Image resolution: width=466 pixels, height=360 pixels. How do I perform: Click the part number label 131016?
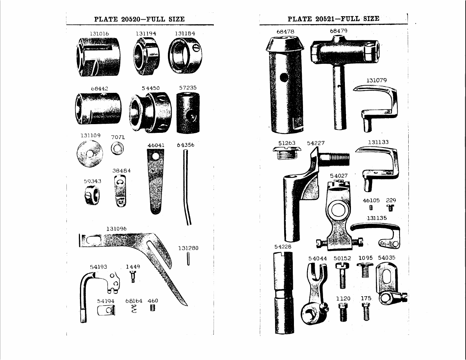point(99,34)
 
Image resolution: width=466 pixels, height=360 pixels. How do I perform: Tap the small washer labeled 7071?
point(117,148)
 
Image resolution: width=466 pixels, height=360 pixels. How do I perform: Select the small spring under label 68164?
point(134,309)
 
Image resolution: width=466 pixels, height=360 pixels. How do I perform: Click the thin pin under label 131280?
point(188,259)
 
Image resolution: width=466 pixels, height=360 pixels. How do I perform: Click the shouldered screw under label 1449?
point(133,277)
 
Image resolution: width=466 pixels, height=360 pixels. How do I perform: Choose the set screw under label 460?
point(153,308)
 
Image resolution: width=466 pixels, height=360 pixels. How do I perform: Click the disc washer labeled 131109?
point(90,154)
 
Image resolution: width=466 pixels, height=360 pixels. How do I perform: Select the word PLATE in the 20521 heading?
point(300,19)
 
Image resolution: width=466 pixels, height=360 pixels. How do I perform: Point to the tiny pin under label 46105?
point(371,208)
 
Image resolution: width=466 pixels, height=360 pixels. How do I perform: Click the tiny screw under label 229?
point(391,208)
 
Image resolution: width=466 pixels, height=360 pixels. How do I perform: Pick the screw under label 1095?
point(365,270)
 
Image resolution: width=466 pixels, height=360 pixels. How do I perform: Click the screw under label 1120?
point(343,312)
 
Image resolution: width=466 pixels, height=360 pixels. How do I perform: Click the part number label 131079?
point(376,81)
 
